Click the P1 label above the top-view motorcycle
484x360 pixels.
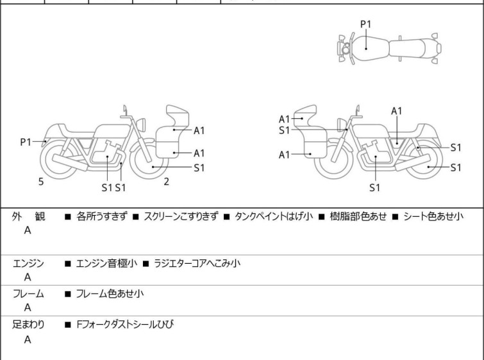coord(365,24)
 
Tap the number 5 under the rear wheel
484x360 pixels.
coord(41,182)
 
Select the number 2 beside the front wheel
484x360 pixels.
coord(166,182)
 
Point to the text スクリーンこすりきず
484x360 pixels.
coord(181,217)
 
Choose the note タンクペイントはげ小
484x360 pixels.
coord(274,217)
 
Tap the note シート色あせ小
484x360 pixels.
coord(433,217)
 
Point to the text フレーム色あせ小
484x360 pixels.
coord(110,294)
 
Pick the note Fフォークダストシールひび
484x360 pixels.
coord(124,325)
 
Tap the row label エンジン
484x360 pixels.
coord(28,264)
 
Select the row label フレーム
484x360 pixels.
coord(28,294)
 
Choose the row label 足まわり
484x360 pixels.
coord(28,325)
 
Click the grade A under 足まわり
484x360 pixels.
coord(28,340)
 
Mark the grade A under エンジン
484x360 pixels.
coord(28,278)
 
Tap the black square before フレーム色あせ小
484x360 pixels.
coord(67,295)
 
